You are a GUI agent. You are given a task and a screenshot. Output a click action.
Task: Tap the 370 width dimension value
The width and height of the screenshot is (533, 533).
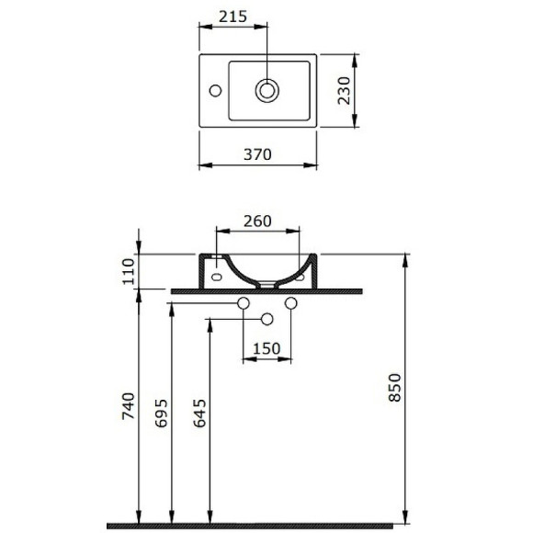[x=257, y=154]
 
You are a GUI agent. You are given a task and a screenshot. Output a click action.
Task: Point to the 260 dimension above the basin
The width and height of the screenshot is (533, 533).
[x=257, y=221]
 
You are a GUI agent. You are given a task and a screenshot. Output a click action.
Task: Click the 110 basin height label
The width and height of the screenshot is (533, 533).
[x=128, y=271]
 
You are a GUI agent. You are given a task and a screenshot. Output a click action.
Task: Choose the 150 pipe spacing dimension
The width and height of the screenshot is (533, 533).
[x=266, y=349]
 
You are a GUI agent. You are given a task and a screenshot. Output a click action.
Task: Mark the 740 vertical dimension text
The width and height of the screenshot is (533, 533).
[x=128, y=407]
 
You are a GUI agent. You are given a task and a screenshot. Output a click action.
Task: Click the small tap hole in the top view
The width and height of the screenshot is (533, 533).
[x=214, y=90]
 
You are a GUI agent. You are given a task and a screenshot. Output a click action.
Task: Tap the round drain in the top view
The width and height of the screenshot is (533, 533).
[x=268, y=90]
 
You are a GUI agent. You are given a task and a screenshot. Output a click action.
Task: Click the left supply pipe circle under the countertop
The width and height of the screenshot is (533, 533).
[x=244, y=303]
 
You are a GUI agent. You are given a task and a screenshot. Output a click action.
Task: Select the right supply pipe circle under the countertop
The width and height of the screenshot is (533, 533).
[x=291, y=303]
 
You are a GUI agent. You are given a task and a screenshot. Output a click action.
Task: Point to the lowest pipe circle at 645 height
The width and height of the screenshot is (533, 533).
[x=267, y=319]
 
